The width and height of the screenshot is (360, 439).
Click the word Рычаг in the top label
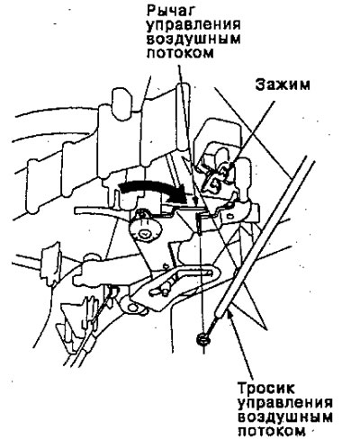tap(170, 12)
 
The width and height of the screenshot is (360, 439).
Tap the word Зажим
tap(283, 85)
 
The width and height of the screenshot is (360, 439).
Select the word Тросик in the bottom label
tap(266, 388)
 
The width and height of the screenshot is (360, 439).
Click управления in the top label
tap(193, 26)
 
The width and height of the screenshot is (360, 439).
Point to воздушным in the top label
tap(193, 40)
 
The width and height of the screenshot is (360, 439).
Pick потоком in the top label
tap(180, 53)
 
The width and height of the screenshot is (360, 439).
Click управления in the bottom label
tap(285, 403)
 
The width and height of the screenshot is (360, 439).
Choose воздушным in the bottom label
tap(285, 417)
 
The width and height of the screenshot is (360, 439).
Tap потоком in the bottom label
tap(272, 431)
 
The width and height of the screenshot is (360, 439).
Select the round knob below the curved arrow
tap(146, 230)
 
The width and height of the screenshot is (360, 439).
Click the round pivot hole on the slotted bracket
tap(131, 307)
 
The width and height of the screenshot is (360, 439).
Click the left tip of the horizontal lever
tap(75, 210)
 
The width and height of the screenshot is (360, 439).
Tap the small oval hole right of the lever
tap(229, 215)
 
